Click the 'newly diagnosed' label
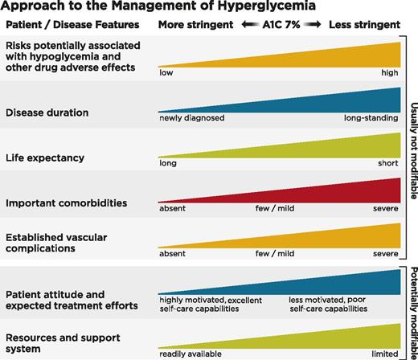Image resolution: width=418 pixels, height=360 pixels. pos(191,118)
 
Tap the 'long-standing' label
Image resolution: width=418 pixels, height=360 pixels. pos(371,118)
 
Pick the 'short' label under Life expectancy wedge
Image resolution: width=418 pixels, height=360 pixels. pos(387,163)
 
